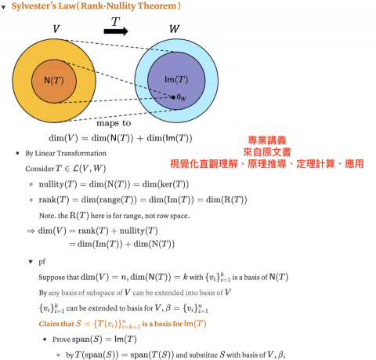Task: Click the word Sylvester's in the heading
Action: [x=34, y=5]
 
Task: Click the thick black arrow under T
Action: [x=116, y=31]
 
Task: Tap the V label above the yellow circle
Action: [x=56, y=29]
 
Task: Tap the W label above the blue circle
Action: [x=175, y=28]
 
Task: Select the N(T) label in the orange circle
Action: [x=54, y=80]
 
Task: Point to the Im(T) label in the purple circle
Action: [x=176, y=79]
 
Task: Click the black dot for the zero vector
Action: [x=173, y=97]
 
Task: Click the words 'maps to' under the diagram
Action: [x=114, y=123]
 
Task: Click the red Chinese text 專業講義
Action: [x=267, y=140]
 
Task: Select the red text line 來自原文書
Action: [x=267, y=152]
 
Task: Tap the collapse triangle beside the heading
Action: [x=3, y=7]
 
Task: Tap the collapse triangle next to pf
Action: [x=31, y=261]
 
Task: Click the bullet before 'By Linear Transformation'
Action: [x=17, y=153]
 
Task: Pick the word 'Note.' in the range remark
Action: [x=47, y=216]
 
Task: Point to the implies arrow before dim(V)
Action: [x=31, y=231]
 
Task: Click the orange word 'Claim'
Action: [x=47, y=324]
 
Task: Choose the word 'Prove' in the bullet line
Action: [x=61, y=340]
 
